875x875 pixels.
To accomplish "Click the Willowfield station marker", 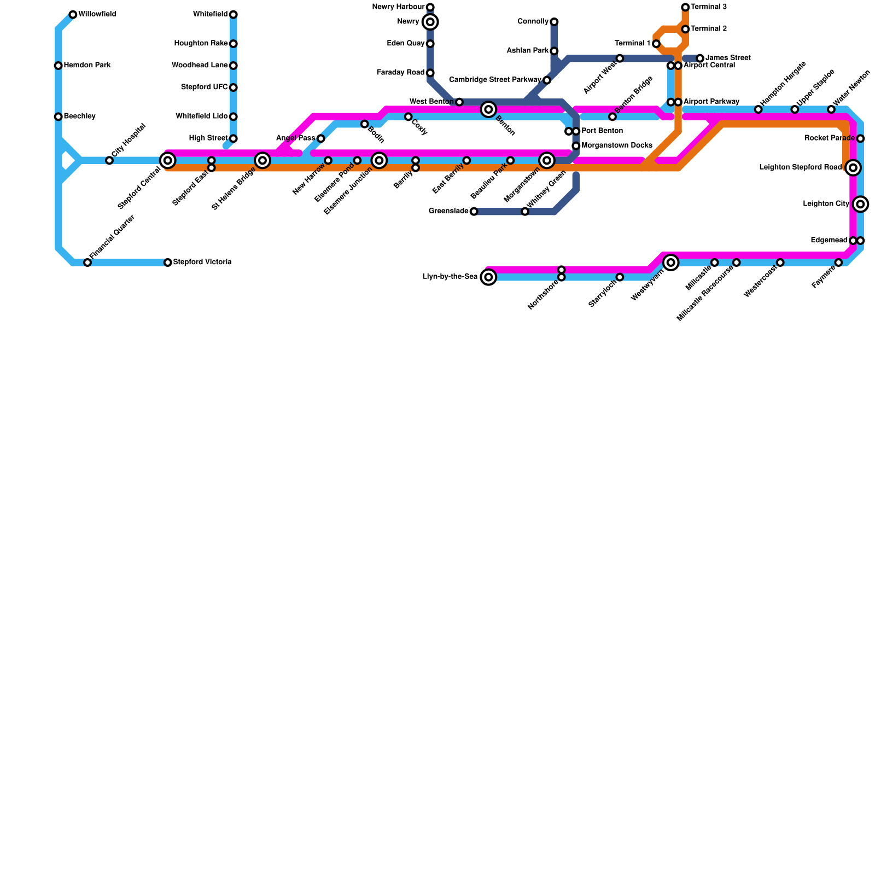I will [73, 14].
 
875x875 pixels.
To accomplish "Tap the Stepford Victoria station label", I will [202, 262].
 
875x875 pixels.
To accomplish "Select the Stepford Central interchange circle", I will [168, 160].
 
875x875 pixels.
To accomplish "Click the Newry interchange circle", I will [430, 22].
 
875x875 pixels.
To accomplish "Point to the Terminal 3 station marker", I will [685, 7].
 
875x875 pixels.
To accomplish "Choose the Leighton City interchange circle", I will [860, 204].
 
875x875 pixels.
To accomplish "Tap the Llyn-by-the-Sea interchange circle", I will [489, 277].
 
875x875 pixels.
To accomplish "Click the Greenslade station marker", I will [474, 212].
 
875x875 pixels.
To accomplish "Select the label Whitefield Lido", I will [201, 116].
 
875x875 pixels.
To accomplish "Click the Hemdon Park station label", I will [87, 66].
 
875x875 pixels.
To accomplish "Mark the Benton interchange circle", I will [489, 109].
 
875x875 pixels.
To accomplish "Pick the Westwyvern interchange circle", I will [671, 262].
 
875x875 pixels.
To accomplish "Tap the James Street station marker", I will [700, 58].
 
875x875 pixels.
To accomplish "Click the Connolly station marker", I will [554, 22].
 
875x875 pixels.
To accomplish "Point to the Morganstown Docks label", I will [616, 145].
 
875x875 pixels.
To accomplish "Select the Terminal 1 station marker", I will [656, 44].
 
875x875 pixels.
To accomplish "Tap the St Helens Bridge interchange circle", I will [262, 160].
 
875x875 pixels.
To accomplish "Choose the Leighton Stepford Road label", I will [800, 167].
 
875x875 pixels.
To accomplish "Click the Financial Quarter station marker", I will [87, 262].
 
